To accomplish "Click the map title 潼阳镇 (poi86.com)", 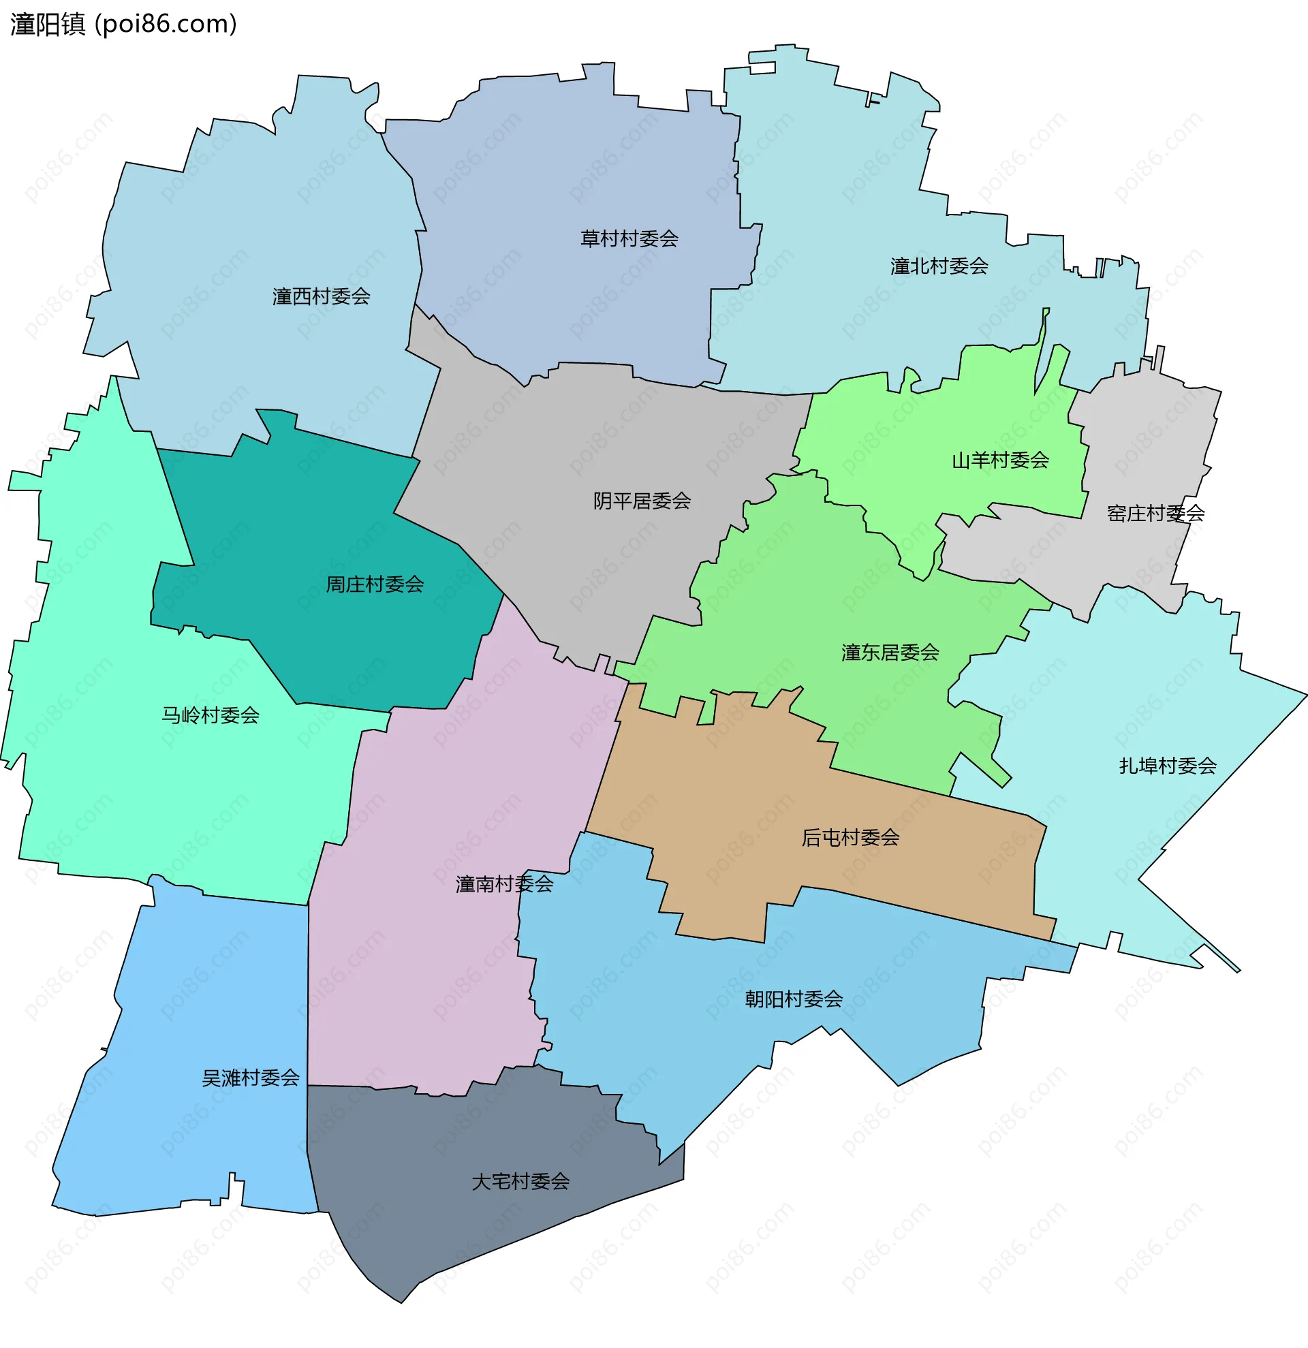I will coord(124,24).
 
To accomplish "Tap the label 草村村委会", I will coord(629,238).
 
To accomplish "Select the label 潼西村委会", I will coord(321,296).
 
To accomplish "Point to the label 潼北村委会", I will coord(939,266).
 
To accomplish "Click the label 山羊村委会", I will coord(1000,460).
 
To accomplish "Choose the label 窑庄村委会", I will coord(1155,513).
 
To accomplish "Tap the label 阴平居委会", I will coord(642,501).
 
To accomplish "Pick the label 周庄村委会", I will coord(375,584).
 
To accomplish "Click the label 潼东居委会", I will coord(890,653).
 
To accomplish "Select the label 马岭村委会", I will coord(211,715).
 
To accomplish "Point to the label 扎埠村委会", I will coord(1167,766).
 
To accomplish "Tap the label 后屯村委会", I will coord(850,837).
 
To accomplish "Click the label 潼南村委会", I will coord(504,883).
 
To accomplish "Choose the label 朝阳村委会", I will coord(794,999).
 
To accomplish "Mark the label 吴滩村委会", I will coord(250,1078).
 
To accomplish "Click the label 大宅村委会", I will coord(520,1182).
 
